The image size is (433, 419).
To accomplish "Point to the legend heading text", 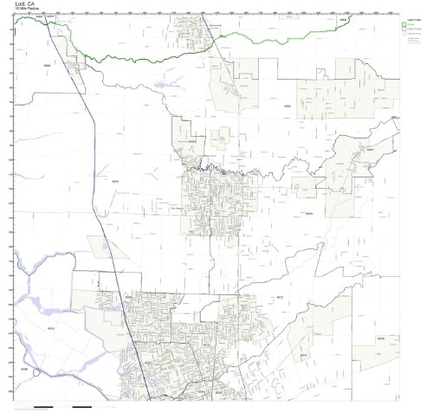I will pyautogui.click(x=413, y=18).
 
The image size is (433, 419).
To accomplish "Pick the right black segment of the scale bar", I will pyautogui.click(x=82, y=406).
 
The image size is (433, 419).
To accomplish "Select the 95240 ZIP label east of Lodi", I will pyautogui.click(x=307, y=213).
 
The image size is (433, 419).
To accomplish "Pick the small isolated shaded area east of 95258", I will pyautogui.click(x=223, y=137).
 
